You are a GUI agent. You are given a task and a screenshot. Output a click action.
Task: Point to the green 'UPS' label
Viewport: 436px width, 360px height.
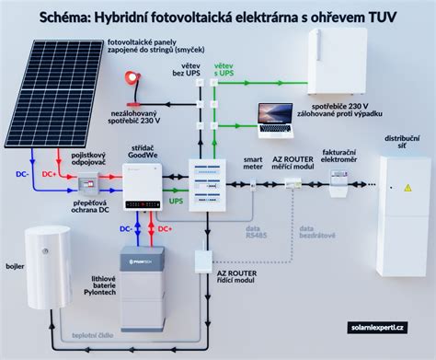coord(176,200)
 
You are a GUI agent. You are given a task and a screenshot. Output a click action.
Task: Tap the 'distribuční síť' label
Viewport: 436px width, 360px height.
coord(397,141)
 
